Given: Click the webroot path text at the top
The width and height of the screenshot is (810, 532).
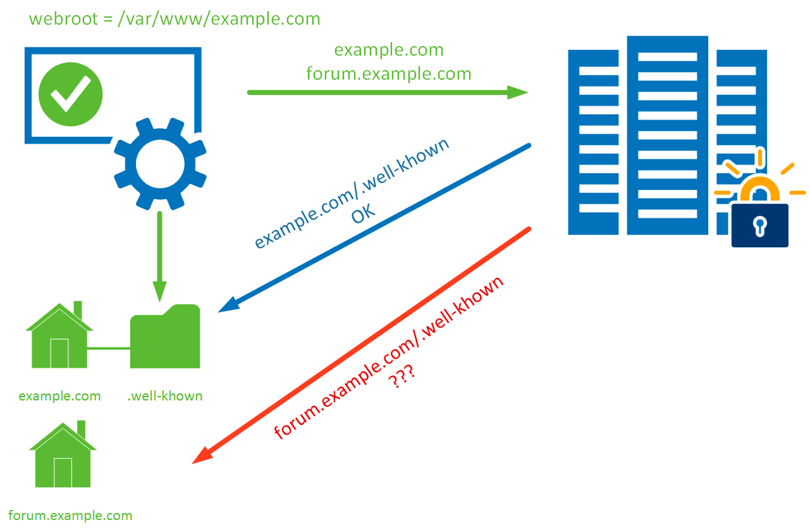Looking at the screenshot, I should (175, 18).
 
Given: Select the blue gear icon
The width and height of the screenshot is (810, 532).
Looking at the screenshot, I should (159, 163).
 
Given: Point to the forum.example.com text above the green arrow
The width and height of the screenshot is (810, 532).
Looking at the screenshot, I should (389, 74).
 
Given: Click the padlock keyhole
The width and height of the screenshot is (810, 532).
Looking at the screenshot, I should (759, 225).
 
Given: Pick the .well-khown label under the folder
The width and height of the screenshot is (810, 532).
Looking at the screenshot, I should (165, 396).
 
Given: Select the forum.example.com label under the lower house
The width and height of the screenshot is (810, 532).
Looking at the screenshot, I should (71, 515).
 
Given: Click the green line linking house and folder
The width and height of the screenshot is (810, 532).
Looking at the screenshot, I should (109, 348).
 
